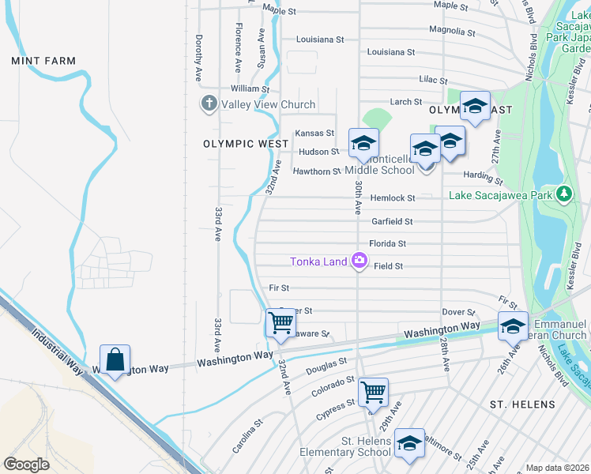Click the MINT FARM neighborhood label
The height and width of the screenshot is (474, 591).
pos(43,61)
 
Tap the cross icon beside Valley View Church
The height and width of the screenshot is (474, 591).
pos(209,104)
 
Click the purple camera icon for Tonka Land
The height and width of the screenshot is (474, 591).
pos(359,260)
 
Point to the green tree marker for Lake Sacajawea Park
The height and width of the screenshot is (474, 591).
pos(563,194)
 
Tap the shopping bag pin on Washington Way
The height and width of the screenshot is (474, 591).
pos(115,359)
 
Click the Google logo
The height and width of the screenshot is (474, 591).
pos(27,464)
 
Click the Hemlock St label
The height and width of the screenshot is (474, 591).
pos(393,198)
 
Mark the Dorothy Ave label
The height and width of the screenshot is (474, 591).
pos(199,58)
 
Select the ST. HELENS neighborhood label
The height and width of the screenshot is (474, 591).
pos(522,404)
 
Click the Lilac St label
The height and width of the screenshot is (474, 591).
pos(432,81)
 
